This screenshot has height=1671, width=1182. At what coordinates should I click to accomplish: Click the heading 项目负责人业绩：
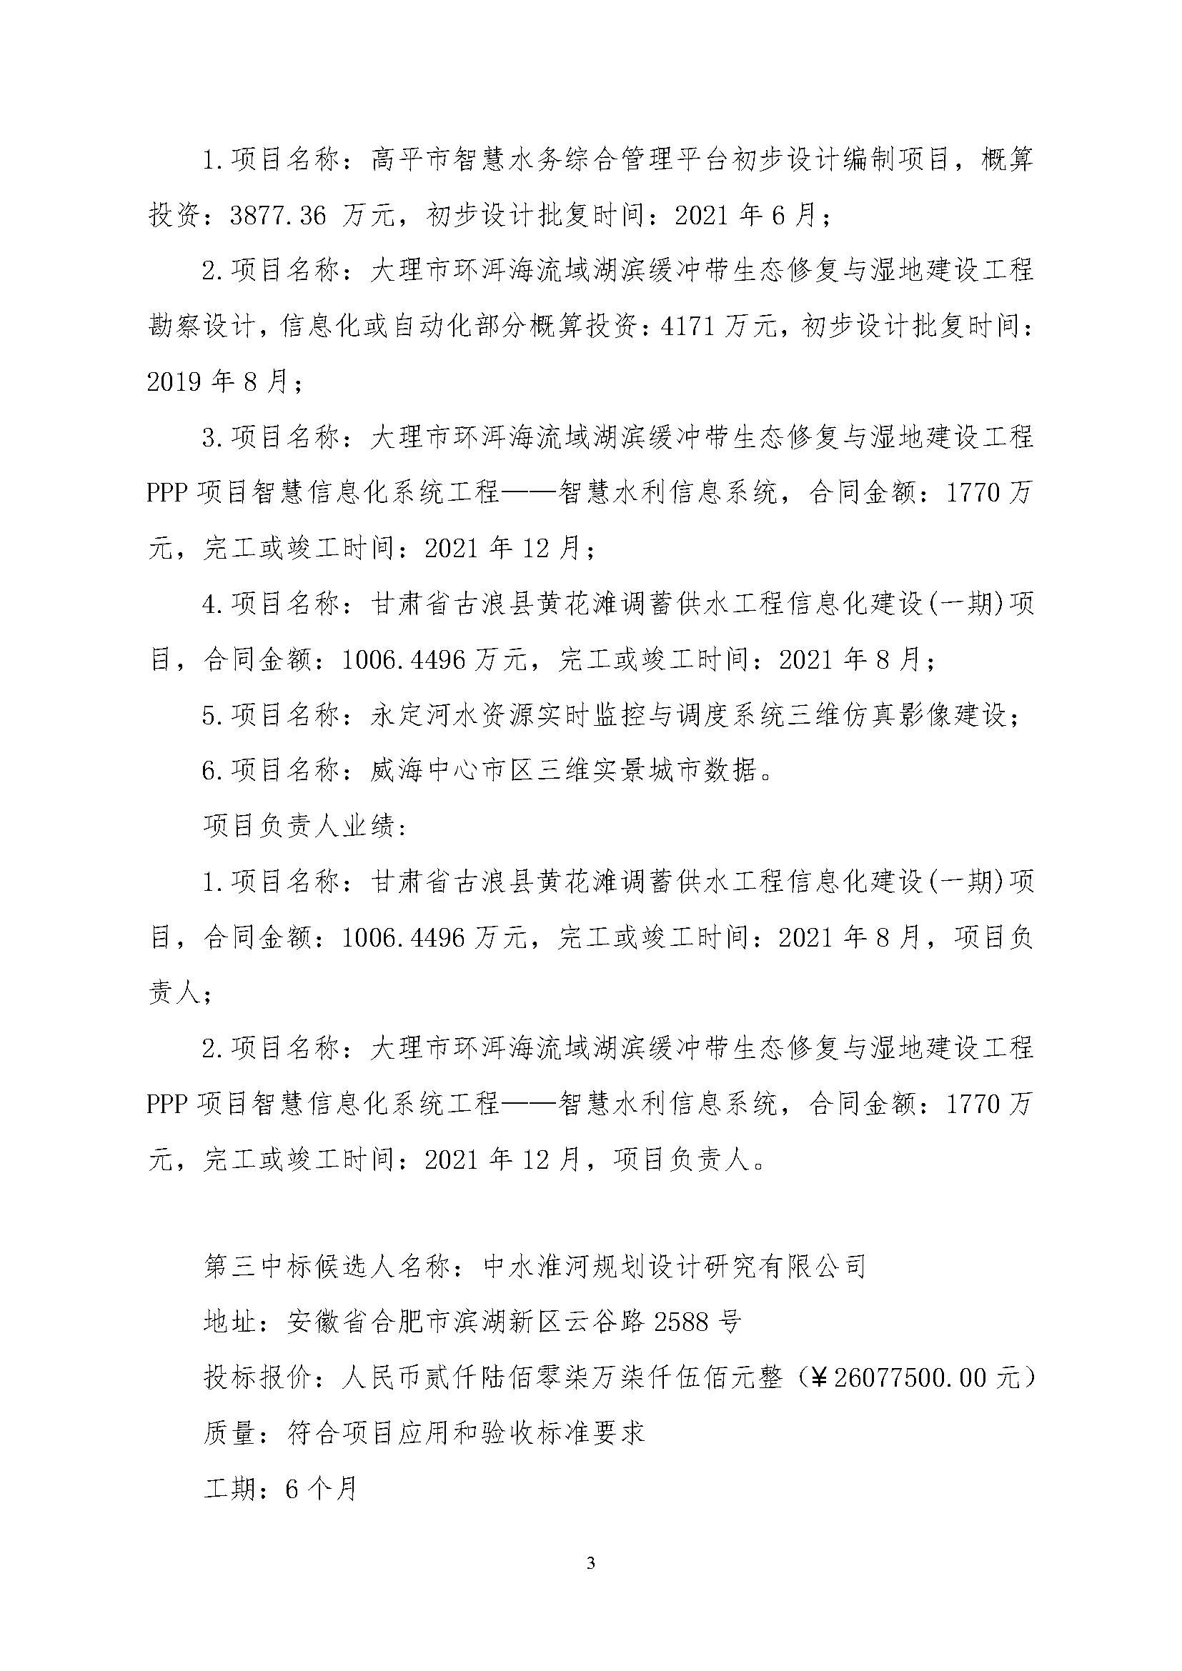coord(305,827)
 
